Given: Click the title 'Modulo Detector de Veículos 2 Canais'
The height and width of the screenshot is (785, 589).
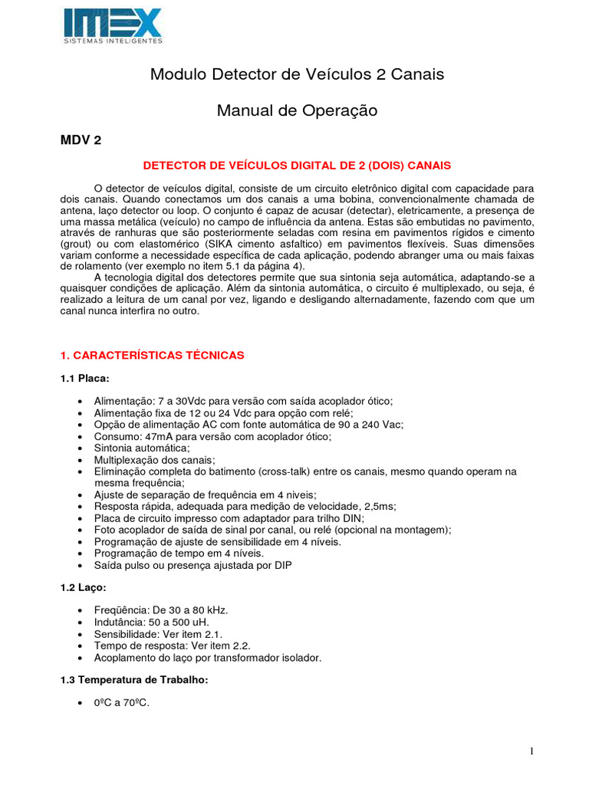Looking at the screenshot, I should [x=297, y=74].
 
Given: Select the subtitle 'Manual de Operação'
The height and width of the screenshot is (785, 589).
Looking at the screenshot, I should [x=297, y=110].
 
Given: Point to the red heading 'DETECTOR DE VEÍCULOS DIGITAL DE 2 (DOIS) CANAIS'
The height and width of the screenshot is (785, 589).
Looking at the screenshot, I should [x=298, y=165].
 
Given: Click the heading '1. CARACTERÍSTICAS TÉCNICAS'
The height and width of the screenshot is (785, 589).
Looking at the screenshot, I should [x=152, y=355].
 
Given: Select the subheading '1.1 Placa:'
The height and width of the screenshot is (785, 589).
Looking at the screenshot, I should [x=84, y=378].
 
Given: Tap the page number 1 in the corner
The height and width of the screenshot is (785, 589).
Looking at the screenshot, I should [x=531, y=752].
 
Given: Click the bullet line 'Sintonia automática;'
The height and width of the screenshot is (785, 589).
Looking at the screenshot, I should [x=142, y=448].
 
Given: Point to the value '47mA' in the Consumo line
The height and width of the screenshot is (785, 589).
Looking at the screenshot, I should [x=156, y=436].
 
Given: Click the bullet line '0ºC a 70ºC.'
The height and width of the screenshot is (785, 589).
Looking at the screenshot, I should [x=121, y=701].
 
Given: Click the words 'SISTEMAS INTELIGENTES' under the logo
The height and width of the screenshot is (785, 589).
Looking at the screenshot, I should [x=113, y=39].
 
